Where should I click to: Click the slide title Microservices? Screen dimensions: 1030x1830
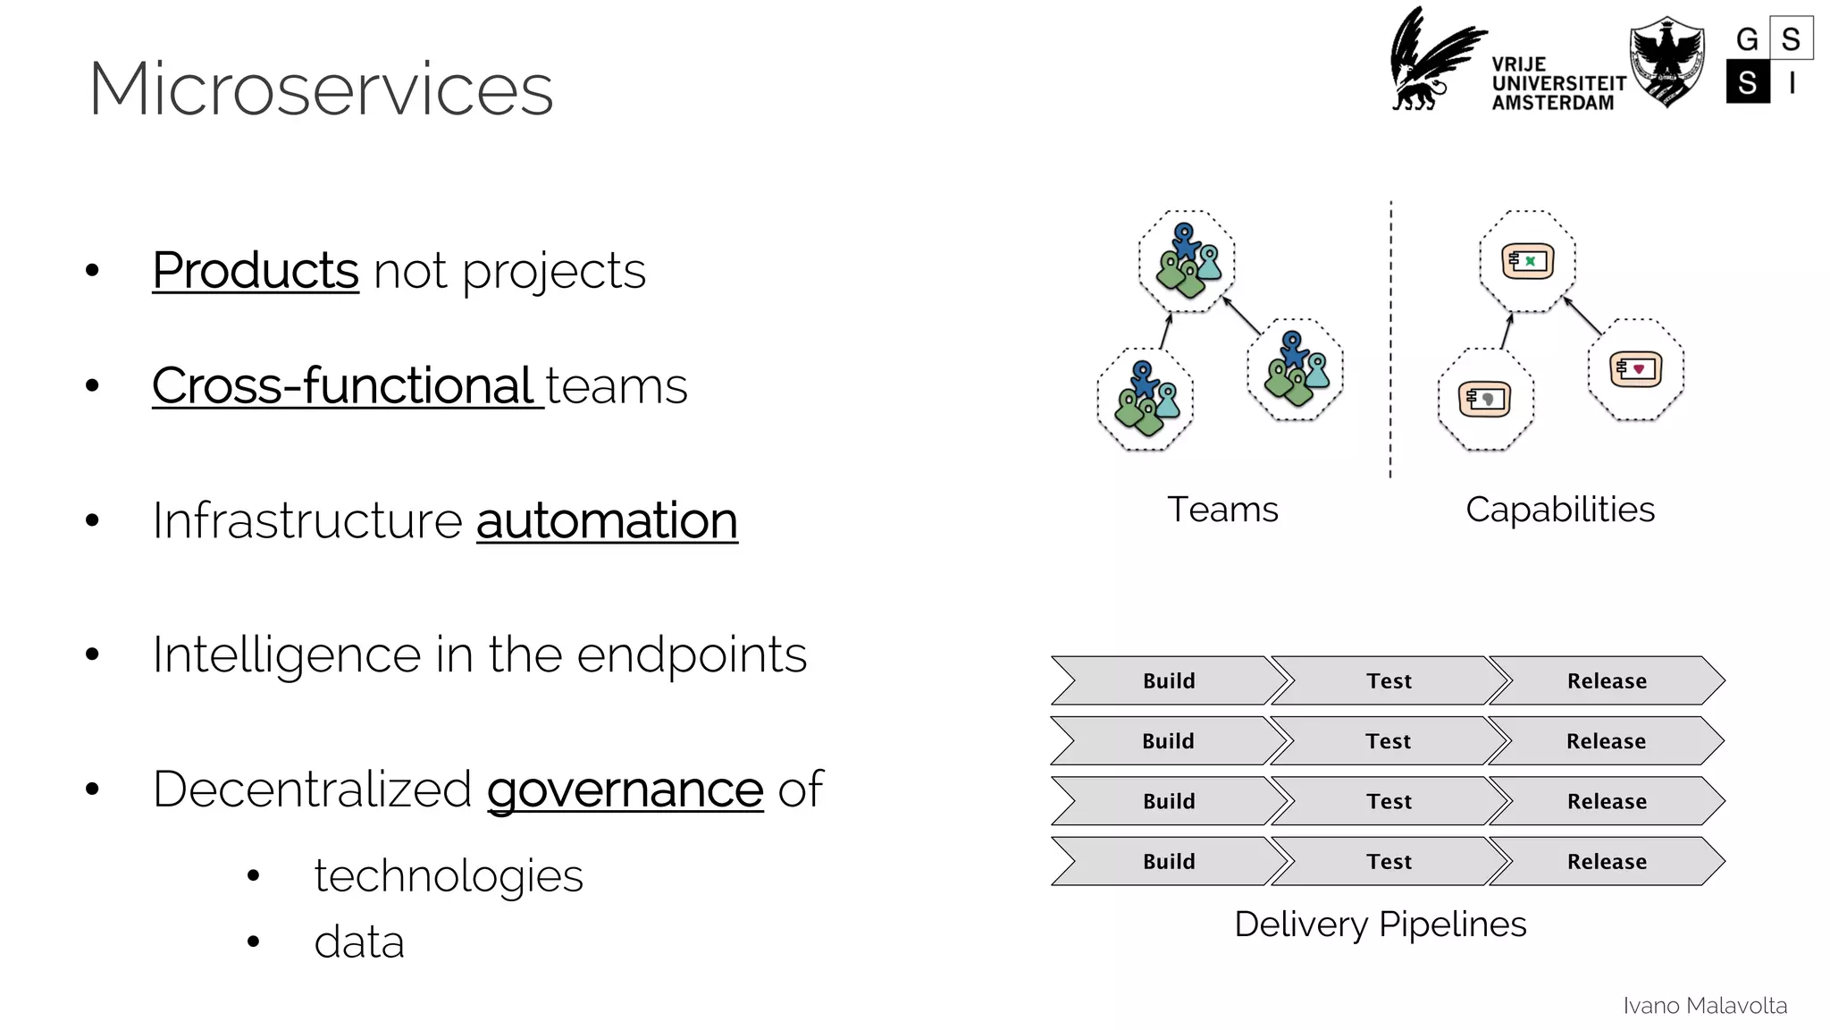point(321,89)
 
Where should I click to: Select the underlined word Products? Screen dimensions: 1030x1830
point(256,270)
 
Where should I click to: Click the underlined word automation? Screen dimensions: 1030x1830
point(607,520)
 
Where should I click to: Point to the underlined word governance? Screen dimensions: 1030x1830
point(625,789)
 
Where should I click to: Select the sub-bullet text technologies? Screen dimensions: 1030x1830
point(448,875)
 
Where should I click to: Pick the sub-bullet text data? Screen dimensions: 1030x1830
point(359,942)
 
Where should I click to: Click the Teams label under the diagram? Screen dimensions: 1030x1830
point(1222,510)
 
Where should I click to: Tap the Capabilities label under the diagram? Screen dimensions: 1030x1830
point(1560,510)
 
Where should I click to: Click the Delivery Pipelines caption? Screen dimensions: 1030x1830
point(1380,924)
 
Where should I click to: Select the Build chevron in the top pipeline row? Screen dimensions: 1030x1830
point(1168,681)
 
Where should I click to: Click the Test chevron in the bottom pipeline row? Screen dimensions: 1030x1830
point(1389,862)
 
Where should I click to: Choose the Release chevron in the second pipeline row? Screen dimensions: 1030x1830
point(1606,741)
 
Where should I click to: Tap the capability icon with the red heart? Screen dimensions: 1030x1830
point(1635,368)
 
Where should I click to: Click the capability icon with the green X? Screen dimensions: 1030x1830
point(1527,261)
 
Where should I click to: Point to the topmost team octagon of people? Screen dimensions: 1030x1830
point(1187,261)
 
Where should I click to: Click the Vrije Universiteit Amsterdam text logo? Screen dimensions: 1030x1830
point(1558,84)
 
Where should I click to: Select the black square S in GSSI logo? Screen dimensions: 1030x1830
point(1748,82)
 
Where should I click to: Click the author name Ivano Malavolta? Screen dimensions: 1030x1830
point(1704,1006)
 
